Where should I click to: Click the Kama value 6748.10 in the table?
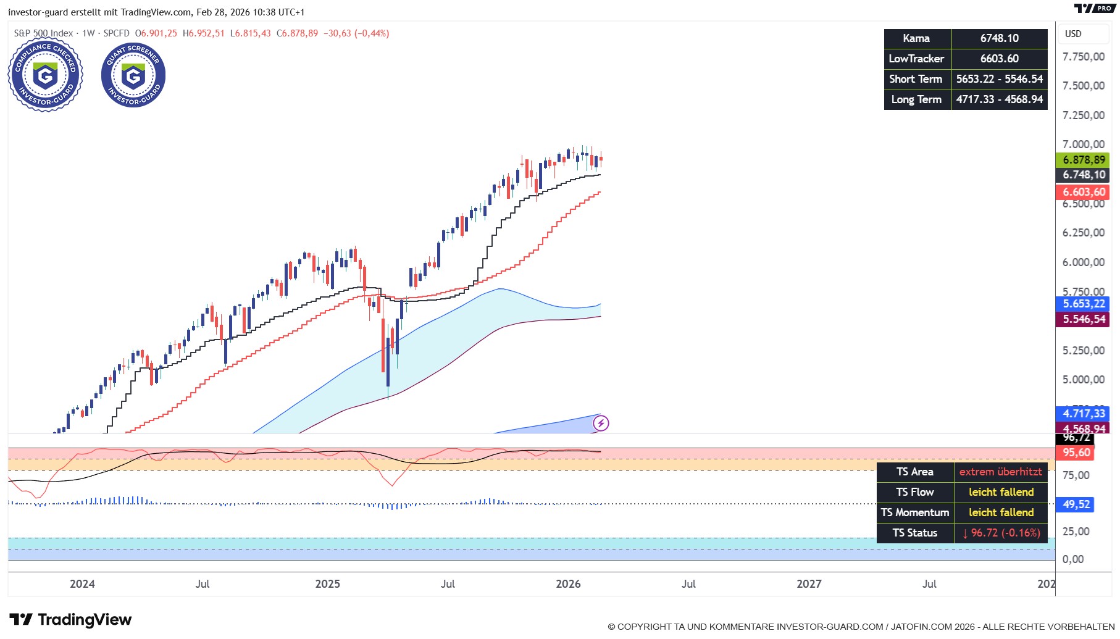click(x=999, y=38)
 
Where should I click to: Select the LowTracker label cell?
click(x=917, y=59)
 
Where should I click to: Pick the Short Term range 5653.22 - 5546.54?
click(x=999, y=79)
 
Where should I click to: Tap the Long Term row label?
click(x=917, y=99)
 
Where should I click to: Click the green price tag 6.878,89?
click(x=1083, y=160)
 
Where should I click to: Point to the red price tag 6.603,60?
click(x=1083, y=192)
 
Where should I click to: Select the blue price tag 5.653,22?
click(x=1083, y=304)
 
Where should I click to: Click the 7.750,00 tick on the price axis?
click(x=1083, y=57)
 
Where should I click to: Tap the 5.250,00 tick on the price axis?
click(x=1083, y=351)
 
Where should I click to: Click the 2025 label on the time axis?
click(x=327, y=584)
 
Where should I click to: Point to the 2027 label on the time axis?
click(x=809, y=584)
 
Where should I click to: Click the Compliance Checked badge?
click(x=45, y=75)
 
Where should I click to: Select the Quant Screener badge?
click(x=133, y=75)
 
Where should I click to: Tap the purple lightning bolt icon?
click(x=601, y=423)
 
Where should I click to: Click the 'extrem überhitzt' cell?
click(x=1000, y=472)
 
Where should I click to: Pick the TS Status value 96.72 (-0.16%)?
click(x=1000, y=533)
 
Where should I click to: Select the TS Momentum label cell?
click(x=915, y=512)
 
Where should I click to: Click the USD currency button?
click(x=1074, y=34)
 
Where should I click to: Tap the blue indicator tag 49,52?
click(x=1076, y=504)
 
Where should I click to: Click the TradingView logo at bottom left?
click(x=70, y=619)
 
